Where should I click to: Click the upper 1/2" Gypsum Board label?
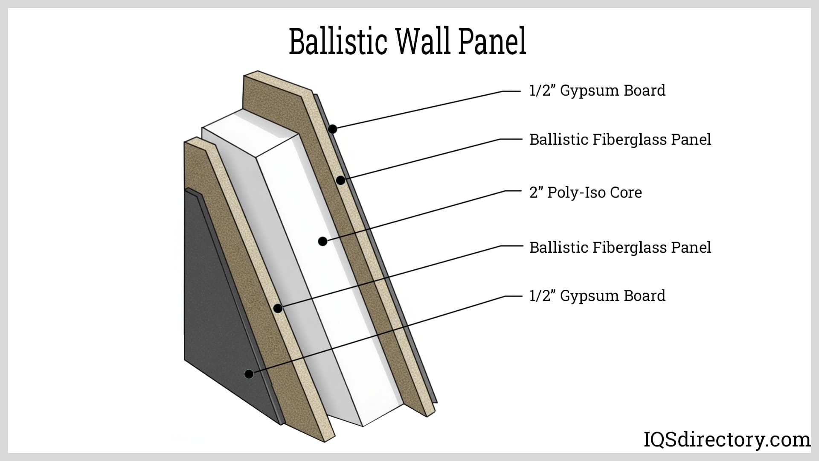[597, 90]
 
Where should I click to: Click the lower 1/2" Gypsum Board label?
[597, 296]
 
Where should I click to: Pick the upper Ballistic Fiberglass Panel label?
[620, 140]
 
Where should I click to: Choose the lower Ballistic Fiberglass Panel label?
[620, 248]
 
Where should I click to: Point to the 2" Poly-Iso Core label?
[585, 193]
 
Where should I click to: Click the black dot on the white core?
[323, 242]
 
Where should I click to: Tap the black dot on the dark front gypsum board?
[249, 374]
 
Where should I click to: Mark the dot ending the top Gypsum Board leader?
[333, 129]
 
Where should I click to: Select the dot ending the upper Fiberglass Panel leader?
[340, 181]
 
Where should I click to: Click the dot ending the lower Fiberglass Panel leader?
[278, 308]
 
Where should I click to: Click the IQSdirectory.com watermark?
[726, 440]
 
